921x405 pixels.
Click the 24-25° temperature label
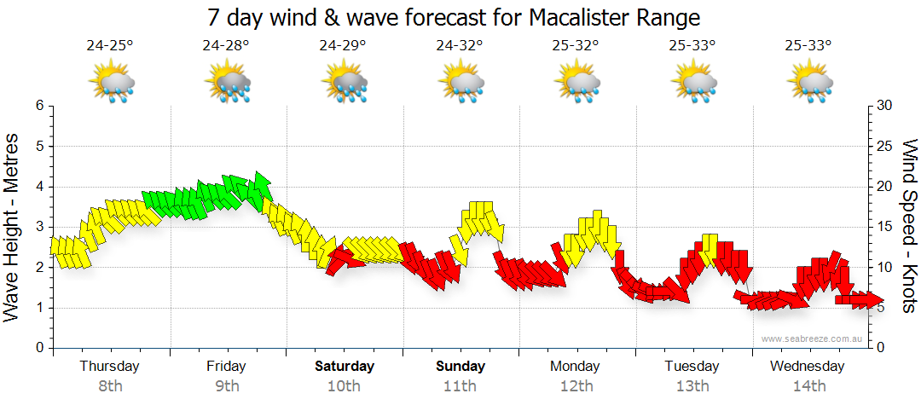tap(110, 46)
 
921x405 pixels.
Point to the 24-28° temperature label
tap(226, 46)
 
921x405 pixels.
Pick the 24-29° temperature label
tap(343, 46)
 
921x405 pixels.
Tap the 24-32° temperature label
tap(460, 46)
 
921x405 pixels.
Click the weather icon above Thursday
tap(111, 83)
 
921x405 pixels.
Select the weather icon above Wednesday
tap(809, 83)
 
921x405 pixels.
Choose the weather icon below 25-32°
tap(576, 83)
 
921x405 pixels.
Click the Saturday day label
tap(345, 367)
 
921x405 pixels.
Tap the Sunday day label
tap(460, 367)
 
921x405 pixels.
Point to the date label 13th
tap(692, 386)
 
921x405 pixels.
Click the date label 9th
tap(226, 386)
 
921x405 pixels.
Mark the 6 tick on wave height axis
tap(39, 106)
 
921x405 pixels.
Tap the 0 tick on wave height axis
tap(39, 348)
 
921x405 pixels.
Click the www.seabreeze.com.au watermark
tap(813, 338)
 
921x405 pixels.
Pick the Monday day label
tap(576, 367)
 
